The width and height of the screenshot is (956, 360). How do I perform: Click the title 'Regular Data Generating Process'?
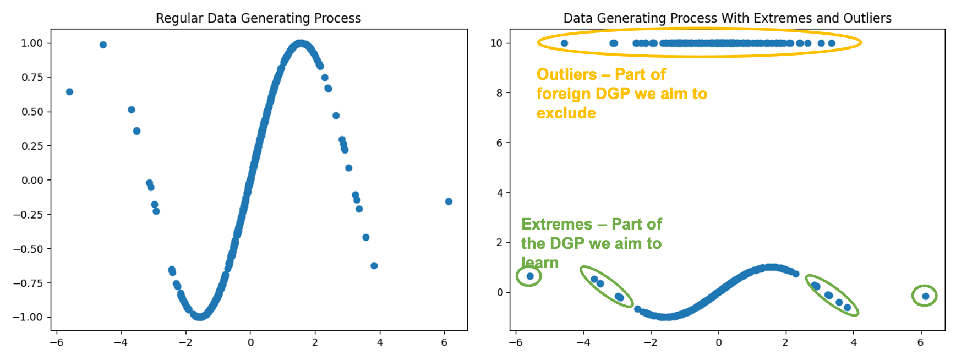coord(258,18)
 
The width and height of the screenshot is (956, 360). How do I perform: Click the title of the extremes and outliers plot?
coord(727,18)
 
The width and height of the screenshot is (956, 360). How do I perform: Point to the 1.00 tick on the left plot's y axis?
coord(32,43)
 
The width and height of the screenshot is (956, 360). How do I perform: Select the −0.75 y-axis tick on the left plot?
coord(28,283)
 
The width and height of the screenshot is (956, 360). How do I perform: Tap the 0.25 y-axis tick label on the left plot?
coord(32,146)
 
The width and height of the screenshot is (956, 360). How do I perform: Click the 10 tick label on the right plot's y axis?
coord(496,43)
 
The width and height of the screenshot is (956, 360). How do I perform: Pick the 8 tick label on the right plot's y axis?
coord(499,93)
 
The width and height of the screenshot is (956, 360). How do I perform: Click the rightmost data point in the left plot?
coord(449,201)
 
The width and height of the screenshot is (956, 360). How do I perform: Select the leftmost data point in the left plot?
coord(69,92)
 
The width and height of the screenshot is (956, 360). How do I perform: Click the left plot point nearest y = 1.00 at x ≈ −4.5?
coord(103,45)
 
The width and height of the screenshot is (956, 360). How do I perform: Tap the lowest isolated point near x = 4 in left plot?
coord(374,266)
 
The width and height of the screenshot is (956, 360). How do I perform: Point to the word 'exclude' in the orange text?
coord(566,113)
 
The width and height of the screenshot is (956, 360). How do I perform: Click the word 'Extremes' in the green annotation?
coord(556,224)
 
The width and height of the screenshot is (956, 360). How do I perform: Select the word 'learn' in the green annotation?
coord(540,263)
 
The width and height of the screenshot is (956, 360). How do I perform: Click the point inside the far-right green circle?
coord(926,296)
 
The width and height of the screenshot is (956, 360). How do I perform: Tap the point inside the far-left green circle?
coord(530,276)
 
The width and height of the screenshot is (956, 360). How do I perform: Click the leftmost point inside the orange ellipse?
coord(564,43)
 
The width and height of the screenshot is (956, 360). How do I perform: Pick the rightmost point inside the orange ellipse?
coord(832,43)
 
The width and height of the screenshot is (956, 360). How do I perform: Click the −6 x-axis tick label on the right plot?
coord(515,342)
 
